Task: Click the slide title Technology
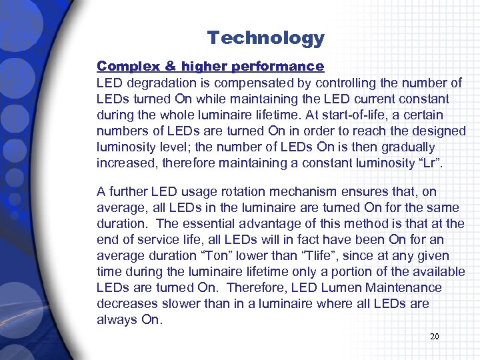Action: [x=265, y=38]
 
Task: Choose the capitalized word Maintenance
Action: [x=387, y=287]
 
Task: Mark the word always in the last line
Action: [x=114, y=319]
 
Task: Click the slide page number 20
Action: [x=434, y=337]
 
